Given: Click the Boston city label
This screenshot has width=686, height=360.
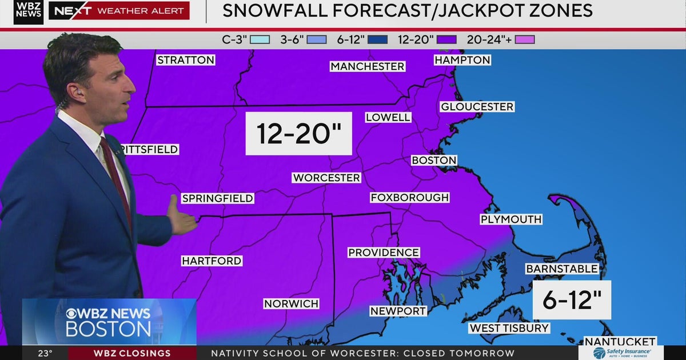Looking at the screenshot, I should [x=434, y=161].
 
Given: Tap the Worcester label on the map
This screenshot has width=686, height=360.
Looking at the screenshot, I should [x=326, y=178].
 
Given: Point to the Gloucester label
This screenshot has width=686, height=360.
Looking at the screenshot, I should [x=477, y=107].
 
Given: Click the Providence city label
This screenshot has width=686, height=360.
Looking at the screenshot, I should [x=384, y=253].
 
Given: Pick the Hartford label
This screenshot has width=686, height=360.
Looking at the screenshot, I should [x=212, y=261].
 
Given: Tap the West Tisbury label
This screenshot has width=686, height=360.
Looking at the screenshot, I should [x=509, y=328].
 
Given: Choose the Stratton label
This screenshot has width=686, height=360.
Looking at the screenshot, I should [x=186, y=60].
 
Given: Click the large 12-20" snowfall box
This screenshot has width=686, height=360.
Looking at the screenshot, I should [x=298, y=134].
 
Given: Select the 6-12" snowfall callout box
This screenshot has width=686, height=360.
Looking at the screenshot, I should [x=572, y=300].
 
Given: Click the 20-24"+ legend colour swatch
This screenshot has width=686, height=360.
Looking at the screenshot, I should [x=524, y=40].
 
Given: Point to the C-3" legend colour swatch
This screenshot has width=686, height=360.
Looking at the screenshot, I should [x=260, y=40].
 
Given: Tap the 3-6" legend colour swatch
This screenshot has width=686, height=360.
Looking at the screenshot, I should [x=317, y=40].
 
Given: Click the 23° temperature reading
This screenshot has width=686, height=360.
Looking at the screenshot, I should [x=46, y=353].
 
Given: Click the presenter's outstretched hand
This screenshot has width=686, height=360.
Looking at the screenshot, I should [x=182, y=216].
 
